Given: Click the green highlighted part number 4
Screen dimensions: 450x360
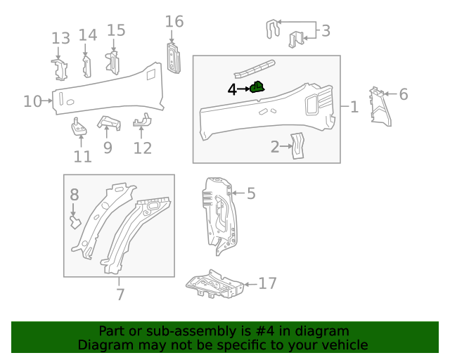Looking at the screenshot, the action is click(257, 87).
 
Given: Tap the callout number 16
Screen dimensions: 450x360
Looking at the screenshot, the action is click(174, 22).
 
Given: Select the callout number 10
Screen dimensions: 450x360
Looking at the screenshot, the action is click(32, 101).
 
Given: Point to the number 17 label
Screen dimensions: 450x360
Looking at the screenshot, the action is click(267, 283).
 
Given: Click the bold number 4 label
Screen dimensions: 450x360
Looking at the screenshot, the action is click(232, 89).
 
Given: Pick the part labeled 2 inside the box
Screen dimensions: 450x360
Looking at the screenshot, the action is click(297, 146).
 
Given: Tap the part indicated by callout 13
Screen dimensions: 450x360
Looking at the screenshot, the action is click(60, 70).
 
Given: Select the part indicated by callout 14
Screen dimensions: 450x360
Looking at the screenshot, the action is click(86, 67).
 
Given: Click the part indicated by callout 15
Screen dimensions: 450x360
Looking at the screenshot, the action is click(112, 63).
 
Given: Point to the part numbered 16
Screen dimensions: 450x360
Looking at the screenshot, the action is click(174, 58).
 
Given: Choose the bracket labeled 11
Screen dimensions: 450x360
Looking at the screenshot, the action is click(79, 127).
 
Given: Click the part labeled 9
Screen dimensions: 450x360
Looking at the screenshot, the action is click(109, 122).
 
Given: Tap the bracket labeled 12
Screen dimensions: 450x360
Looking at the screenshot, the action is click(142, 120).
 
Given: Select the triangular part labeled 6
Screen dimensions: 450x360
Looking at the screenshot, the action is click(380, 106).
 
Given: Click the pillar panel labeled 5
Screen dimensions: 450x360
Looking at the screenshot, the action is click(220, 216).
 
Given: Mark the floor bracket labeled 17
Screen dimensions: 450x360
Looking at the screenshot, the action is click(214, 284).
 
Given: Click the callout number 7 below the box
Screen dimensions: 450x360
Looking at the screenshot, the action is click(120, 295).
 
